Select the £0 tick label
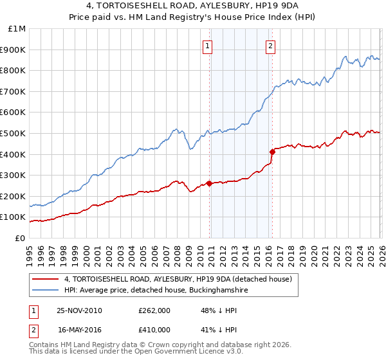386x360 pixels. point(20,238)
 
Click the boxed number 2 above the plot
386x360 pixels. point(270,46)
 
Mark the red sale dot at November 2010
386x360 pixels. point(210,183)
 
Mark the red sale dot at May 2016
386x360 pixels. point(271,152)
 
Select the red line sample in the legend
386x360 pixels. point(46,279)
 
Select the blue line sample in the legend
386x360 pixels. point(46,291)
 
